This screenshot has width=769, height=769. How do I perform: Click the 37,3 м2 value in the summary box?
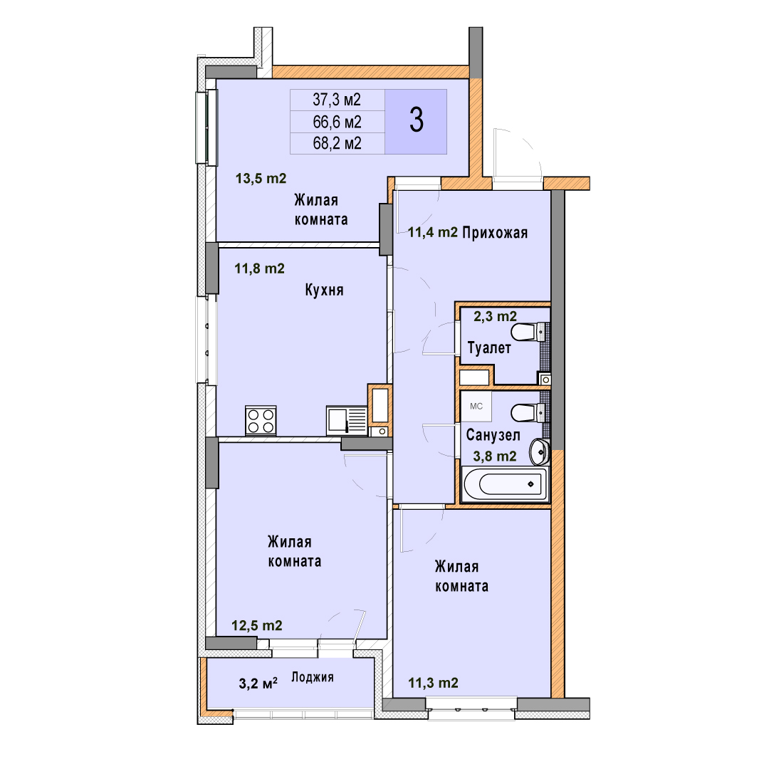[x=337, y=100]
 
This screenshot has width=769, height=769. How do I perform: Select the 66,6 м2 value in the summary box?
[x=337, y=122]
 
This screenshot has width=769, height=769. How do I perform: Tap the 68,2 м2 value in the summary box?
[x=337, y=143]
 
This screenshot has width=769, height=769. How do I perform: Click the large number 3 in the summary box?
[x=417, y=120]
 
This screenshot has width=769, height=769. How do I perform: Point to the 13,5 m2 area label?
[x=261, y=179]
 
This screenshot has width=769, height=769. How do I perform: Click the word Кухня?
[x=324, y=290]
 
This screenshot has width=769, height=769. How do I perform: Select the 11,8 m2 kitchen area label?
[x=259, y=268]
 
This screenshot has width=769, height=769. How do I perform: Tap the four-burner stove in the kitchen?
[x=261, y=421]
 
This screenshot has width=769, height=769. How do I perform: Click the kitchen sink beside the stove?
[x=347, y=420]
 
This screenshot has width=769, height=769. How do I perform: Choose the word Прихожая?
[x=495, y=232]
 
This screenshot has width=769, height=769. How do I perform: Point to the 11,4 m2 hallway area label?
[x=433, y=232]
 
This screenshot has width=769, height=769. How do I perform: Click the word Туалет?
[x=489, y=347]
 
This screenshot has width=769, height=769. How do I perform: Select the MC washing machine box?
[x=476, y=407]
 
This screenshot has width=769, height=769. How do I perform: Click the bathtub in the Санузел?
[x=505, y=484]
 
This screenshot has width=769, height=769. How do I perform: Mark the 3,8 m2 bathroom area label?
[x=495, y=456]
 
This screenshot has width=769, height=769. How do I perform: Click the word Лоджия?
[x=313, y=677]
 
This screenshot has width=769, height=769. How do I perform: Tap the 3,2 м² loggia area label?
[x=258, y=683]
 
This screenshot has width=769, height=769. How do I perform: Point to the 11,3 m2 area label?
[x=434, y=683]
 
